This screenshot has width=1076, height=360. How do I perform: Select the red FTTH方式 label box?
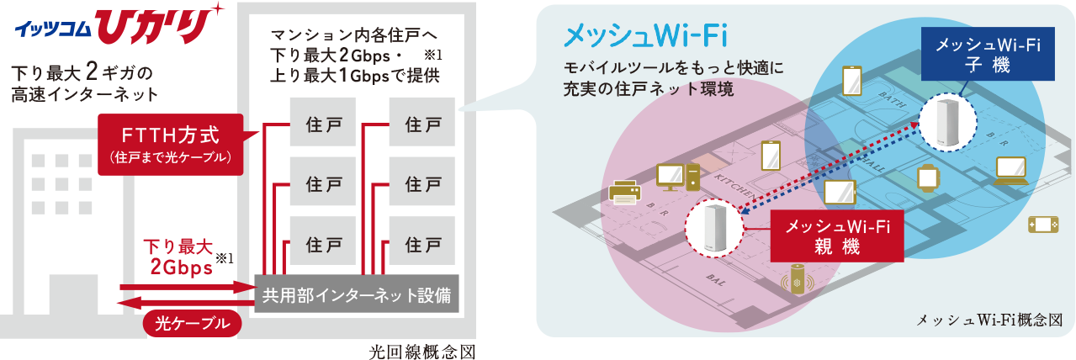point(171,143)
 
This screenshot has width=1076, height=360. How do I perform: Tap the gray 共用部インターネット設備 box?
point(356,295)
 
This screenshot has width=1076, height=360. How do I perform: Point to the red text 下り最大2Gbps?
point(178,257)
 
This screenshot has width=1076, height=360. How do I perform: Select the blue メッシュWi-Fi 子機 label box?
point(982,56)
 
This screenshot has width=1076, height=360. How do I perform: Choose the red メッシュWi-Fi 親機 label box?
point(837,236)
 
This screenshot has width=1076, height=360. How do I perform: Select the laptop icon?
point(1010,170)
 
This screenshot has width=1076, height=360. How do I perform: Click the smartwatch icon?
point(926,177)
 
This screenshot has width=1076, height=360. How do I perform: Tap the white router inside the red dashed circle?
point(713,226)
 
